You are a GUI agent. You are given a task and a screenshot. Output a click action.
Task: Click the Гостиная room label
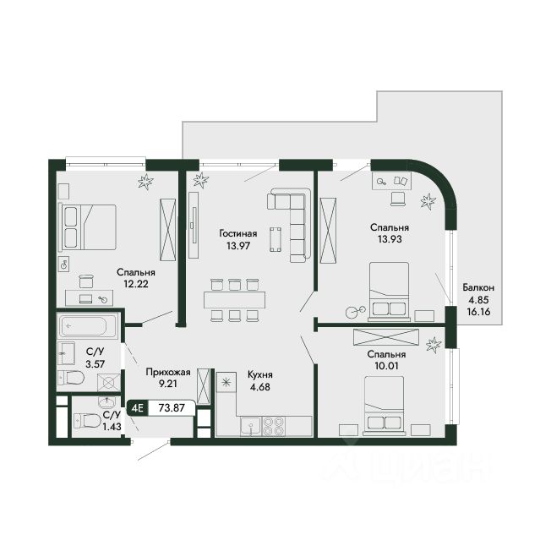(238, 234)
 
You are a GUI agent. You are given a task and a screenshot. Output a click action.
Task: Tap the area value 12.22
(136, 284)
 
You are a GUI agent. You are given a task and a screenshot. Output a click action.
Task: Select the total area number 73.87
(172, 408)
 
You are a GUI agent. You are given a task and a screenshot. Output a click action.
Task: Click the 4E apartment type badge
(138, 408)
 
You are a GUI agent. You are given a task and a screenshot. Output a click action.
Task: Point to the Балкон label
(478, 288)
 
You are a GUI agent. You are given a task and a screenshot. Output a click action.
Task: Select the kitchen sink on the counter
(251, 426)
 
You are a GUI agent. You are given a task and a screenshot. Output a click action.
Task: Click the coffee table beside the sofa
(275, 240)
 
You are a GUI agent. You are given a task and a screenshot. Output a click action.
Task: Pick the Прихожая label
(168, 372)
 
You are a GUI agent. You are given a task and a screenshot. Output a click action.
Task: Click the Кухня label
(260, 375)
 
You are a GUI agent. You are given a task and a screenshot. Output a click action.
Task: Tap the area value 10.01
(386, 366)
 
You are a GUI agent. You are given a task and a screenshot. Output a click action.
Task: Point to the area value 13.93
(390, 239)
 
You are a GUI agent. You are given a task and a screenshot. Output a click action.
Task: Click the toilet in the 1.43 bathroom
(88, 420)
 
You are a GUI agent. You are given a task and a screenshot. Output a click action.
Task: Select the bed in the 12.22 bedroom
(89, 227)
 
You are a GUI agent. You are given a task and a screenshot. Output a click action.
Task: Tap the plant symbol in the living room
(200, 180)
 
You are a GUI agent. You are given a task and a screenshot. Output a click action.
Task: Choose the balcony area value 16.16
(478, 312)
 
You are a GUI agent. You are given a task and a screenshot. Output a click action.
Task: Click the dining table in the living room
(234, 300)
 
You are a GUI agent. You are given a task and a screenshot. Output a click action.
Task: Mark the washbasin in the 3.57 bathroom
(66, 352)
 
